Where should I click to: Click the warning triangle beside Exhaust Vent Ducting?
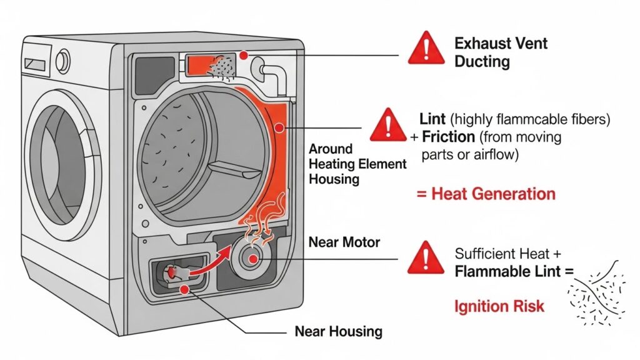(x=426, y=49)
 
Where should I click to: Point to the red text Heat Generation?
(x=485, y=194)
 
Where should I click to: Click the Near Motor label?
(x=344, y=241)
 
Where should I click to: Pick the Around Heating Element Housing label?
(x=357, y=164)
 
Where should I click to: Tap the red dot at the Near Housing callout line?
(x=184, y=290)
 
